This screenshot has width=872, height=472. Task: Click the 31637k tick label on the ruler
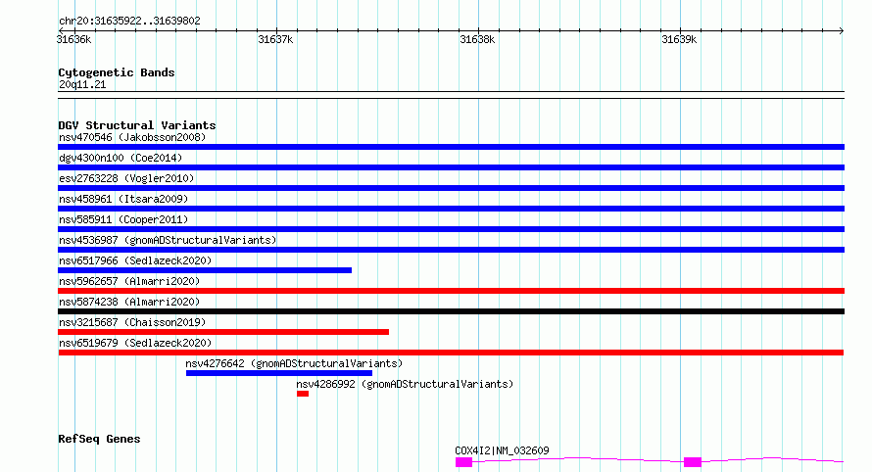275,40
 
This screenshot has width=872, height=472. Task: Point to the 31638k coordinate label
477,40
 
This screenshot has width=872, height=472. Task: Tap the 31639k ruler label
679,40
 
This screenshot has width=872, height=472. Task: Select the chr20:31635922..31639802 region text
129,22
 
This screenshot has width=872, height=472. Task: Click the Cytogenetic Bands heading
117,72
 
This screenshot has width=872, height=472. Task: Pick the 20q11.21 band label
82,84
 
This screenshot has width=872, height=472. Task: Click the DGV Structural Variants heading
137,125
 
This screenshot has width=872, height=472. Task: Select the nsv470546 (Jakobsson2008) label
132,137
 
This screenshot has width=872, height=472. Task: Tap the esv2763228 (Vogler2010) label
126,178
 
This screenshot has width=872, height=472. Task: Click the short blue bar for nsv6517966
205,270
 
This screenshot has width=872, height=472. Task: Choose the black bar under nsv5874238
451,311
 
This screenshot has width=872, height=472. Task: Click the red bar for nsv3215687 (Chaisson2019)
223,332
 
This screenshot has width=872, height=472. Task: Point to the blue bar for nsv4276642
279,373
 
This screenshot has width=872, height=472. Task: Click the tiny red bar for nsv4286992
303,394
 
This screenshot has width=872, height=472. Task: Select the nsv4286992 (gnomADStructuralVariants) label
405,384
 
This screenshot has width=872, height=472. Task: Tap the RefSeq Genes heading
99,440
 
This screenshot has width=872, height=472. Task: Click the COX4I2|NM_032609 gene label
502,450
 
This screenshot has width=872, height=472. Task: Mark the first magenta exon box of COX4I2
463,462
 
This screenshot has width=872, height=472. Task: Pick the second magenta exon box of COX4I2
693,462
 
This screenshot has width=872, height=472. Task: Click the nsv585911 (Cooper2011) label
123,219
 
